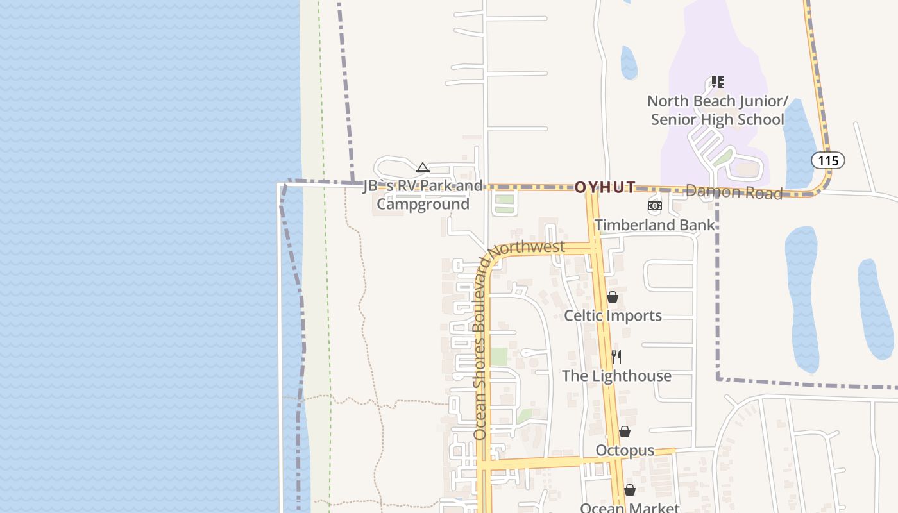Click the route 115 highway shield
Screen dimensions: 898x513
(827, 160)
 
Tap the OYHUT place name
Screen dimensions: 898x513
(605, 187)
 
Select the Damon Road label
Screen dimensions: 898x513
(734, 192)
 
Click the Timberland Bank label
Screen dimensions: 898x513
(654, 225)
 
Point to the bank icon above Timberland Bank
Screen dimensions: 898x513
(654, 206)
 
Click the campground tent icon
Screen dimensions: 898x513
(422, 168)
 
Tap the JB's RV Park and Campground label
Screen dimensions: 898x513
(423, 195)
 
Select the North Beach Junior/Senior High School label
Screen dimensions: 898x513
(717, 110)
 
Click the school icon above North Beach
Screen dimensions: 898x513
(717, 82)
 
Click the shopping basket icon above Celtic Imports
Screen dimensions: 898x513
(613, 297)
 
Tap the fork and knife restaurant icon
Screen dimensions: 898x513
(616, 357)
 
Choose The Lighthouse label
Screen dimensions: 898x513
(616, 376)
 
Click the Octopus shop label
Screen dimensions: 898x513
(625, 450)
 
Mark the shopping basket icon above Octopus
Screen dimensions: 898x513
(625, 432)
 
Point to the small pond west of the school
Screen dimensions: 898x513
(629, 63)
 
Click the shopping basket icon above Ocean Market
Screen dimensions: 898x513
(630, 490)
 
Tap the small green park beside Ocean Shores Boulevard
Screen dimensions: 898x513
(498, 357)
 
